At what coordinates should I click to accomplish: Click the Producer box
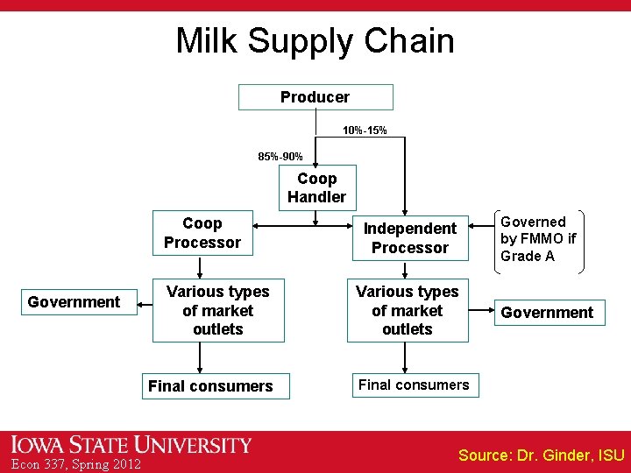pyautogui.click(x=315, y=97)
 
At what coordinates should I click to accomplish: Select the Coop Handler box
pyautogui.click(x=316, y=187)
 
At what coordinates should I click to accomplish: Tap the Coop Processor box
pyautogui.click(x=202, y=233)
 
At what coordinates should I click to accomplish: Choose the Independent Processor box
pyautogui.click(x=409, y=238)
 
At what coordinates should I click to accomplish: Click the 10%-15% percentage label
pyautogui.click(x=365, y=131)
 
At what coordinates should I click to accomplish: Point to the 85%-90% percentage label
pyautogui.click(x=280, y=157)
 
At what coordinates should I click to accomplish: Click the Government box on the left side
pyautogui.click(x=74, y=302)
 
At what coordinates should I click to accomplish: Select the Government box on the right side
pyautogui.click(x=548, y=313)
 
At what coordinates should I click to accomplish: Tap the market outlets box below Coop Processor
pyautogui.click(x=217, y=310)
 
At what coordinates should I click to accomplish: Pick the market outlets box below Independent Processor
pyautogui.click(x=407, y=310)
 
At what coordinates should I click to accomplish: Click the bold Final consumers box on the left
pyautogui.click(x=210, y=386)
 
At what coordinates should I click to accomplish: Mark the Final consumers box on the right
pyautogui.click(x=414, y=385)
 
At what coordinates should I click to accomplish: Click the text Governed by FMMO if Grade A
pyautogui.click(x=538, y=239)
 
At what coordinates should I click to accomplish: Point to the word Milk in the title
pyautogui.click(x=205, y=41)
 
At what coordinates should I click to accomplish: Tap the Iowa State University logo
pyautogui.click(x=131, y=445)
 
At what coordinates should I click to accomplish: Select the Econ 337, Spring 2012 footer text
pyautogui.click(x=76, y=464)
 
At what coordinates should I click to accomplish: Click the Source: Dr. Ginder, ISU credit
pyautogui.click(x=541, y=455)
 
